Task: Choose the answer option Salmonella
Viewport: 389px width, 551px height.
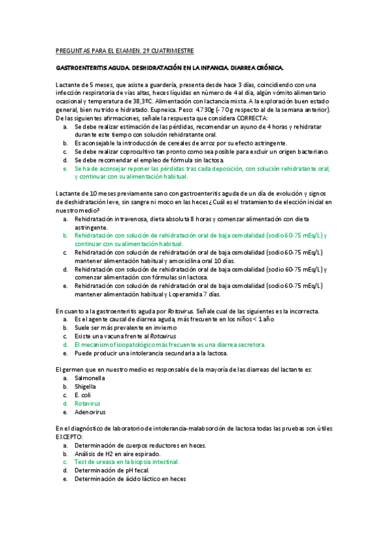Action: click(x=90, y=378)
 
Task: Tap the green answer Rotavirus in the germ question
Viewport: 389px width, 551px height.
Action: click(x=87, y=403)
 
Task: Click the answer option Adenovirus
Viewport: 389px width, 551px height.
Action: click(x=90, y=411)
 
